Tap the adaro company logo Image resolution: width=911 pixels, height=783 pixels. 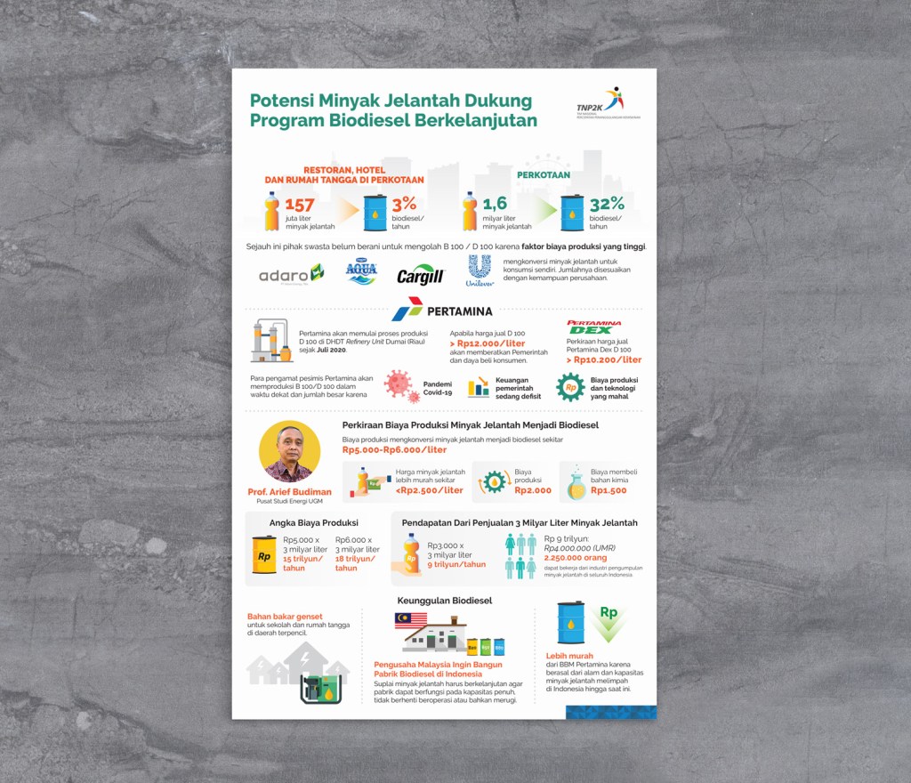pyautogui.click(x=291, y=274)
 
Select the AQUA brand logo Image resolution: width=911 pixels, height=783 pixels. pyautogui.click(x=361, y=272)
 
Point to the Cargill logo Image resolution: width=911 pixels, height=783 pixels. pyautogui.click(x=420, y=276)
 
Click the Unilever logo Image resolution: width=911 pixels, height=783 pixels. pyautogui.click(x=480, y=271)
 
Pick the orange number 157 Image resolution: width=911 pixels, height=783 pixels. pyautogui.click(x=300, y=206)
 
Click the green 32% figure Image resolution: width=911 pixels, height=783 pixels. pyautogui.click(x=606, y=204)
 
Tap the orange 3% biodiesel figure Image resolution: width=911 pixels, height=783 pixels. pyautogui.click(x=405, y=204)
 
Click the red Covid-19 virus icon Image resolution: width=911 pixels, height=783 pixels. pyautogui.click(x=399, y=385)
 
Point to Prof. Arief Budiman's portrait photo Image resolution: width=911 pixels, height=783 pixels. pyautogui.click(x=289, y=452)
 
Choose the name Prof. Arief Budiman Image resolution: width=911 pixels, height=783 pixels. pyautogui.click(x=289, y=492)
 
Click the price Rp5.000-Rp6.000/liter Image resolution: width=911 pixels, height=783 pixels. pyautogui.click(x=394, y=450)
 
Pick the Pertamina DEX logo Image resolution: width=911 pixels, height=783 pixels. pyautogui.click(x=594, y=328)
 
